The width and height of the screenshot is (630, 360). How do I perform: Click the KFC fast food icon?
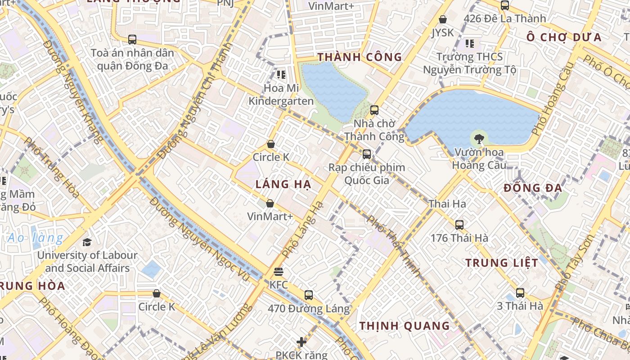(279, 272)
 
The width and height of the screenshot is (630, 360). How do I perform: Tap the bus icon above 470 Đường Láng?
(308, 295)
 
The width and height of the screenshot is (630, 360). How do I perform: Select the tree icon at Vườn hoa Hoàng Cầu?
(479, 139)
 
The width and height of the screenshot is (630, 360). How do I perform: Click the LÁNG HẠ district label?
(283, 184)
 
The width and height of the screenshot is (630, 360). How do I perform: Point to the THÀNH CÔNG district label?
(360, 57)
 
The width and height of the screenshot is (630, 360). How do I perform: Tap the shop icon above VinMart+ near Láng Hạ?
(270, 203)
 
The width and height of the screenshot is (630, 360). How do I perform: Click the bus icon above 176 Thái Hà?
(459, 225)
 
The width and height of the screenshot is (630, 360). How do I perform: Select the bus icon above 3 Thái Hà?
(520, 293)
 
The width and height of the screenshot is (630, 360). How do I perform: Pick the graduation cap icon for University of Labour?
(87, 242)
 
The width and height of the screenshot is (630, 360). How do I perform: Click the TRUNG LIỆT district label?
(501, 263)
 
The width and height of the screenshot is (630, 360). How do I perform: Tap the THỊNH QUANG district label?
(404, 326)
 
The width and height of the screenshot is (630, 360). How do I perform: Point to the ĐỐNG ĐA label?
(533, 188)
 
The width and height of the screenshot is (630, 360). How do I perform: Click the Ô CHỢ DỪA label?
(564, 37)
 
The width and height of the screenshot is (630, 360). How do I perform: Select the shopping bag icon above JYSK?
(443, 19)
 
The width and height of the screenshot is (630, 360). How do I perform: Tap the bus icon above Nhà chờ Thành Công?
(374, 110)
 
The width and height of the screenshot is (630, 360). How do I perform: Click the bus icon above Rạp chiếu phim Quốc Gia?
(367, 154)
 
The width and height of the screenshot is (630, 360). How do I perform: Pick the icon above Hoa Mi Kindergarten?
(281, 74)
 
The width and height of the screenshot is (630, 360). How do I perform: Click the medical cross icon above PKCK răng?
(301, 342)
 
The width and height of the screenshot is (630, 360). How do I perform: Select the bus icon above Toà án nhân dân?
(132, 40)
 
